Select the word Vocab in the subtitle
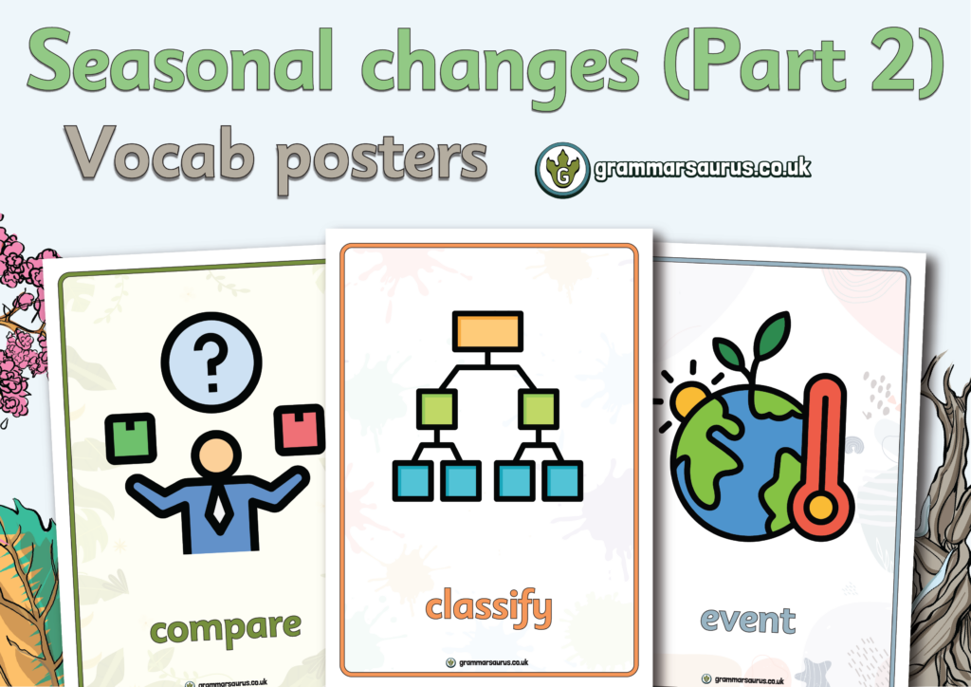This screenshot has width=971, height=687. pyautogui.click(x=159, y=153)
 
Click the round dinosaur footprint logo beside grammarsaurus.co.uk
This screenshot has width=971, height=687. pyautogui.click(x=562, y=170)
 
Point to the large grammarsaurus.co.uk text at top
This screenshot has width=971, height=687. pyautogui.click(x=703, y=168)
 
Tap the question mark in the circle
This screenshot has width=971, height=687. pyautogui.click(x=211, y=362)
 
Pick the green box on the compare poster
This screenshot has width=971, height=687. pyautogui.click(x=131, y=438)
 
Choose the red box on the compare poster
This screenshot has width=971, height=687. pyautogui.click(x=300, y=429)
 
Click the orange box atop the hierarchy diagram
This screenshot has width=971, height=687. pyautogui.click(x=488, y=331)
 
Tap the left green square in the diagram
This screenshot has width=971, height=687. pyautogui.click(x=437, y=409)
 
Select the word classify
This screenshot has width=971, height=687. pyautogui.click(x=488, y=607)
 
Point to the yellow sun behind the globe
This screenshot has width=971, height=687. pyautogui.click(x=689, y=400)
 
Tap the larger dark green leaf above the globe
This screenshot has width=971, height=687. pyautogui.click(x=772, y=336)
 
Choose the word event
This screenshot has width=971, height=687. pyautogui.click(x=748, y=620)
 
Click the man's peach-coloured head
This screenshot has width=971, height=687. pyautogui.click(x=216, y=455)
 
